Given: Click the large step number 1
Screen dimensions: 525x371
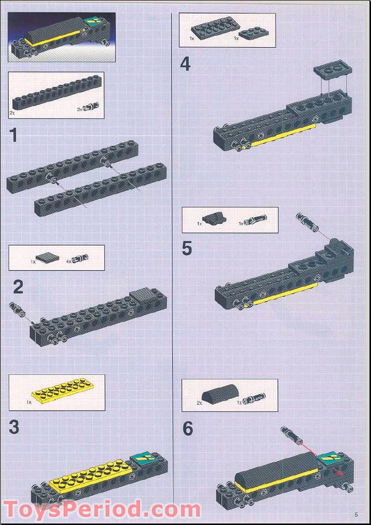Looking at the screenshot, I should [x=13, y=135].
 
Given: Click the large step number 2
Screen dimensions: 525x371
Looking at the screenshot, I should [x=18, y=287].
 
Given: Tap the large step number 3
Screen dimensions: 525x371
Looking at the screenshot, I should [x=14, y=427].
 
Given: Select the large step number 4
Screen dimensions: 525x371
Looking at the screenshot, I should [x=185, y=64].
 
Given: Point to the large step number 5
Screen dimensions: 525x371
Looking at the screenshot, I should [x=187, y=249].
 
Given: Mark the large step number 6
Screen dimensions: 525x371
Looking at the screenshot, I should [x=188, y=429].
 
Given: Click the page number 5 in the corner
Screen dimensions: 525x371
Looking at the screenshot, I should [x=356, y=515].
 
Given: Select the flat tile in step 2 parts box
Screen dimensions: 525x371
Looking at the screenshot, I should [x=47, y=258].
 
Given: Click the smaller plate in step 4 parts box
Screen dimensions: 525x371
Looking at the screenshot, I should [x=254, y=33].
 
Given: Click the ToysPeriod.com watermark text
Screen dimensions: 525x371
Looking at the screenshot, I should [x=102, y=509].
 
